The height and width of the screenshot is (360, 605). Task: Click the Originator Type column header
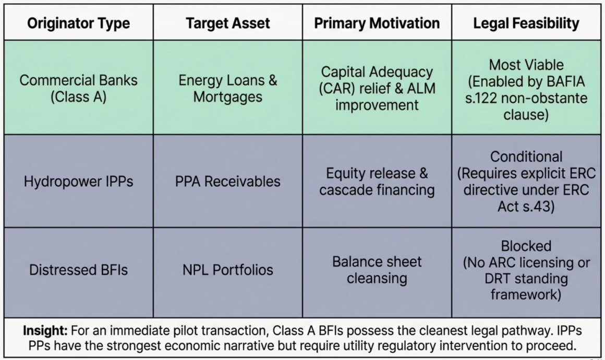pyautogui.click(x=78, y=23)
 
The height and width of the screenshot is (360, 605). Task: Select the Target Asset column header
pyautogui.click(x=227, y=23)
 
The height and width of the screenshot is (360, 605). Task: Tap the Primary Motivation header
pyautogui.click(x=377, y=23)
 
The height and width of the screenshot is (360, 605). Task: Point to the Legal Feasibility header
pyautogui.click(x=526, y=23)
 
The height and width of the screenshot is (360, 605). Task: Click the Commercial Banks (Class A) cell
pyautogui.click(x=78, y=88)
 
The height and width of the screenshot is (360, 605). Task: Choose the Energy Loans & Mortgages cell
pyautogui.click(x=227, y=88)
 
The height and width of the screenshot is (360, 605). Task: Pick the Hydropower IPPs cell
pyautogui.click(x=78, y=181)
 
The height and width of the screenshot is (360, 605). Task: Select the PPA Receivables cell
pyautogui.click(x=227, y=181)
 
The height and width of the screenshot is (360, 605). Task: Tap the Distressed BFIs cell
pyautogui.click(x=78, y=270)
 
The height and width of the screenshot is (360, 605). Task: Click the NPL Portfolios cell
pyautogui.click(x=227, y=270)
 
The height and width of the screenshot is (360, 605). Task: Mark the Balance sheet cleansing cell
pyautogui.click(x=377, y=270)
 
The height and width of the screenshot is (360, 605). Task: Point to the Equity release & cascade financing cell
pyautogui.click(x=377, y=182)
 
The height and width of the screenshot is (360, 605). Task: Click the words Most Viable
pyautogui.click(x=526, y=65)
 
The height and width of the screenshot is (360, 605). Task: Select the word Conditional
pyautogui.click(x=526, y=157)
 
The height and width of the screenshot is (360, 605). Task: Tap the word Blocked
pyautogui.click(x=526, y=246)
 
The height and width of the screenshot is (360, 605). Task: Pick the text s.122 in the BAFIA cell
pyautogui.click(x=483, y=98)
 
